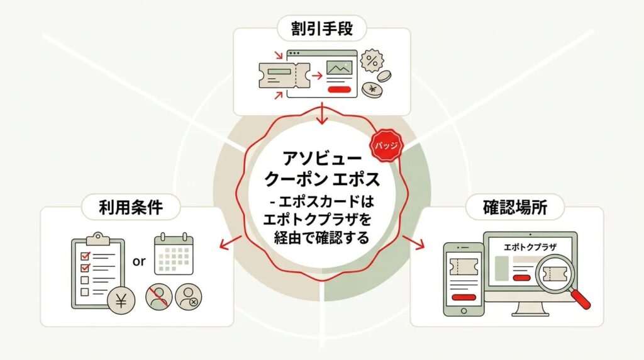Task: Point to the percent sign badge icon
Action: (x=372, y=62)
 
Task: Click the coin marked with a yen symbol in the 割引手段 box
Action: (x=375, y=89)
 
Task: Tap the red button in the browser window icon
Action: (x=339, y=89)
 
